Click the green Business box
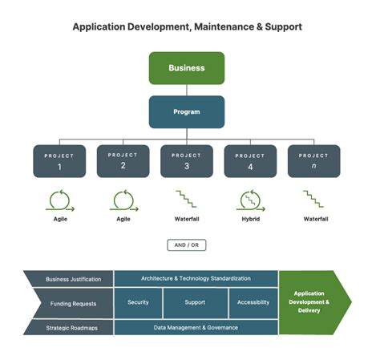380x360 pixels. (x=186, y=68)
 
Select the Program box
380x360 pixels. (x=186, y=111)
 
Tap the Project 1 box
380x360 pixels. (x=59, y=160)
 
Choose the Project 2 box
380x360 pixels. (x=123, y=160)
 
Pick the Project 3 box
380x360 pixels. (x=186, y=160)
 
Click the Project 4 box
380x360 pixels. (x=250, y=160)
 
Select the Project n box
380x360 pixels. (x=313, y=160)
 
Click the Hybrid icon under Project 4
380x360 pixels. (x=250, y=200)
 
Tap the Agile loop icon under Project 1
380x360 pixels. (x=60, y=200)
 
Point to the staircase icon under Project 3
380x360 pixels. (x=186, y=200)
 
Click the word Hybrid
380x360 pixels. (x=250, y=218)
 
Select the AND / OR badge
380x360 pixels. (x=186, y=245)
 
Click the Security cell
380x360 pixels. (x=138, y=303)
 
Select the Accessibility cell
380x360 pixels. (x=253, y=303)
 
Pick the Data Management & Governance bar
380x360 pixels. (x=196, y=327)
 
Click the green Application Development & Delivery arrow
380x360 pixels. (x=313, y=302)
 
